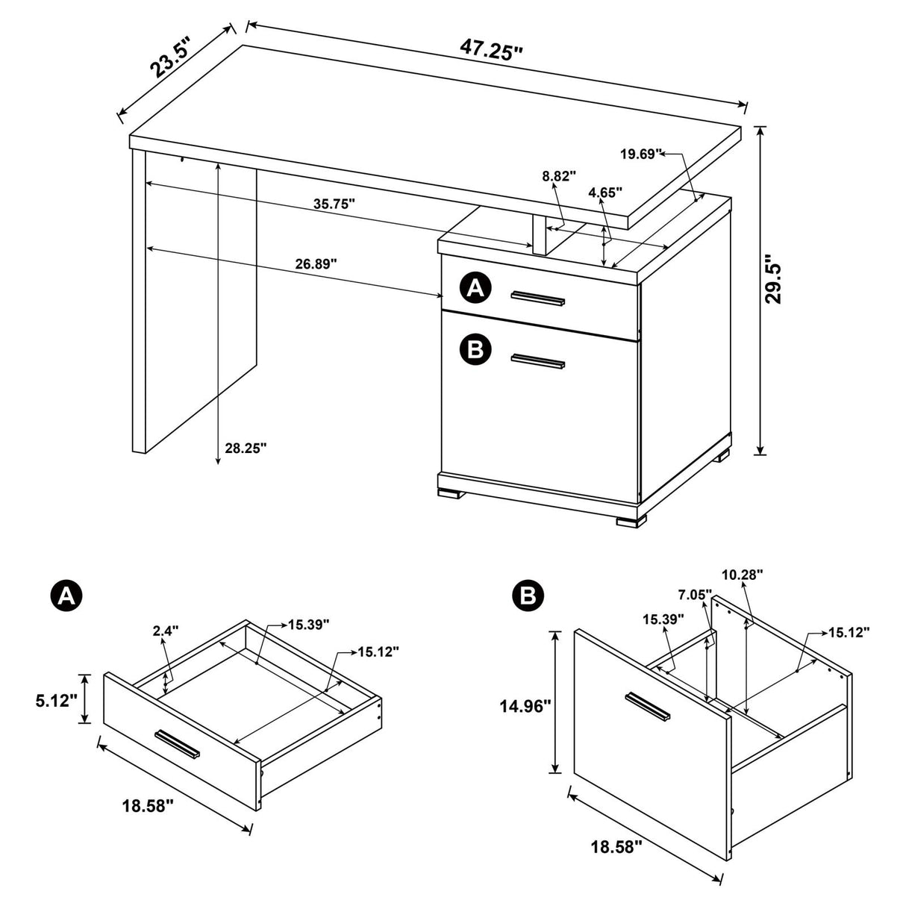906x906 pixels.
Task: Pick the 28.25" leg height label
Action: (x=245, y=448)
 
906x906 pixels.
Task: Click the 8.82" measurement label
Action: (x=560, y=177)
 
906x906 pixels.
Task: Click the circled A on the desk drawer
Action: (x=475, y=287)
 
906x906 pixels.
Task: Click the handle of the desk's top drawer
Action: (x=538, y=299)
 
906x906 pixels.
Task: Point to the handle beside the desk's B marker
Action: (x=538, y=362)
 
